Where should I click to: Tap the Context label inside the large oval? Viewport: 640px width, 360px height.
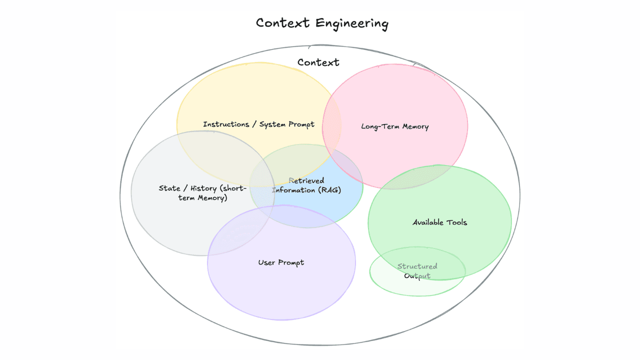pos(318,62)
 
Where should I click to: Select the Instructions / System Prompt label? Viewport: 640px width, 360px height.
pos(258,124)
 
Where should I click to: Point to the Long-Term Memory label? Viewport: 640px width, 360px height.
pos(394,126)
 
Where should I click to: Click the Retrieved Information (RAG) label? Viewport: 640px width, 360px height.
pos(306,185)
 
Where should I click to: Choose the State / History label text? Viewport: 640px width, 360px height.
pos(202,193)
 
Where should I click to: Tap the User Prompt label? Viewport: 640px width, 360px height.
pos(281,262)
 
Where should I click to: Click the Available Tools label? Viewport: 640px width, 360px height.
pos(439,222)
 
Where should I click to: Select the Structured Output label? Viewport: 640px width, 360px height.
pos(417,271)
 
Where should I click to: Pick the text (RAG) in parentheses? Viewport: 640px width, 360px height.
pos(329,190)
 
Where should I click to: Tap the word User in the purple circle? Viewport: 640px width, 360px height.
pos(266,262)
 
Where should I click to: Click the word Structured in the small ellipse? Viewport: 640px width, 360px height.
pos(417,266)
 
